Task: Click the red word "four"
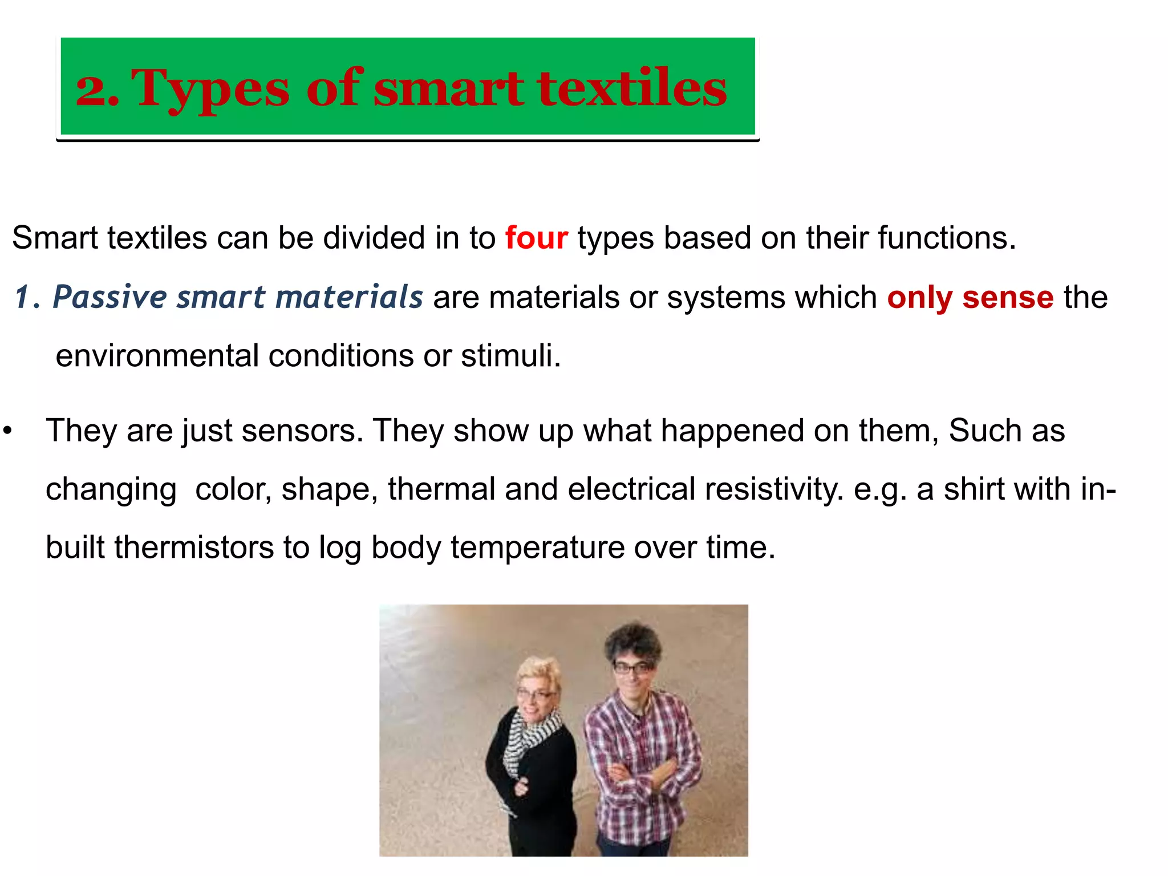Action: click(x=536, y=238)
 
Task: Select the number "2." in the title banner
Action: click(x=97, y=90)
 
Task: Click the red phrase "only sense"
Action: click(x=970, y=297)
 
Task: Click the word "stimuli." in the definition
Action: click(x=511, y=356)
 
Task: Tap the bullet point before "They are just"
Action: click(x=7, y=431)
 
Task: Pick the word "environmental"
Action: click(x=157, y=356)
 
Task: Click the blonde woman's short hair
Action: click(x=539, y=673)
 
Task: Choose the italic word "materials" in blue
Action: click(x=348, y=297)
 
